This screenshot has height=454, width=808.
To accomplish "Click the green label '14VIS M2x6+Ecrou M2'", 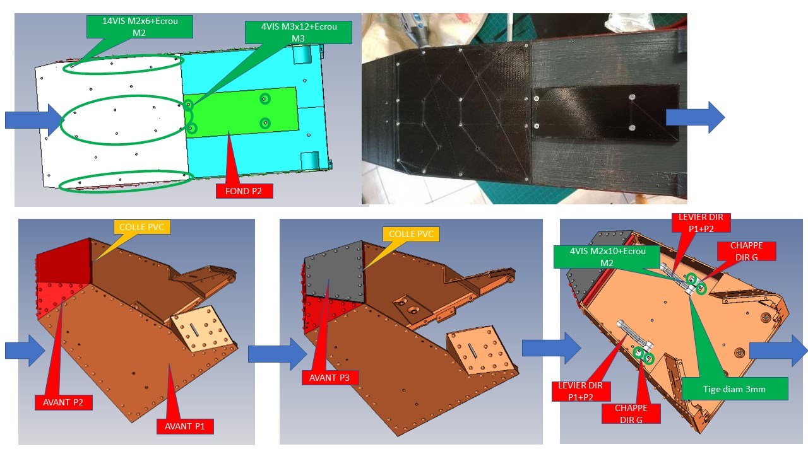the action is [140, 26].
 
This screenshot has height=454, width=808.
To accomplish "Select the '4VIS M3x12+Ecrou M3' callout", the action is [299, 32].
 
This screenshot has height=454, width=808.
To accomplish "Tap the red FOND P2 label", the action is [244, 191].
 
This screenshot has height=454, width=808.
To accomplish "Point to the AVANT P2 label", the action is [64, 402].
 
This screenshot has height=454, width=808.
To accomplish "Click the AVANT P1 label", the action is [185, 427].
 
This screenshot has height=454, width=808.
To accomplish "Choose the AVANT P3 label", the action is [330, 378].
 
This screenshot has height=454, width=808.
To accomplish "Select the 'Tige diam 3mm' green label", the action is [735, 389].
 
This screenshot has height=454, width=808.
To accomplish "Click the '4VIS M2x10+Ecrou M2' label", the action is [607, 257].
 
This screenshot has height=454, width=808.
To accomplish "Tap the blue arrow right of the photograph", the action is [695, 117].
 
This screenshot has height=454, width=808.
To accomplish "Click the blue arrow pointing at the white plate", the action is [34, 120].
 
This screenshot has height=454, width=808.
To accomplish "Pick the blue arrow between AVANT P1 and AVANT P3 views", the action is [277, 354].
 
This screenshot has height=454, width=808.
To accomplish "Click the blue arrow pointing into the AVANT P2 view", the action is [25, 351].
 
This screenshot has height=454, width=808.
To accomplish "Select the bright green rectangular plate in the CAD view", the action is [241, 112].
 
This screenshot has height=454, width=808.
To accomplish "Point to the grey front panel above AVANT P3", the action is [334, 271].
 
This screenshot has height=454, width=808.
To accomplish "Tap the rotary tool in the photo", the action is [415, 26].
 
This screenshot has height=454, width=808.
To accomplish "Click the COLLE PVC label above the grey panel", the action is [411, 234].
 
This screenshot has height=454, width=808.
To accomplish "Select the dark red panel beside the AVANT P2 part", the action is [64, 260].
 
